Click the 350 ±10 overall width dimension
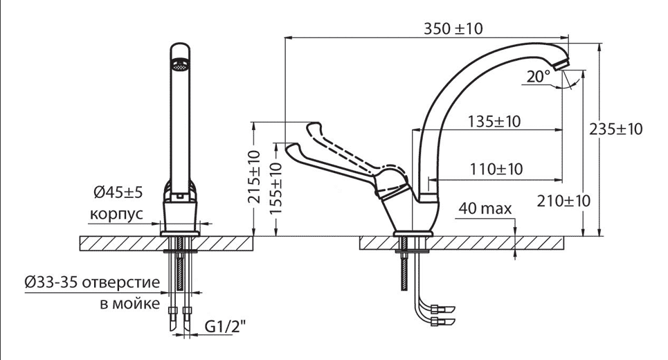coord(453,28)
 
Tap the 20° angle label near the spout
coord(539,77)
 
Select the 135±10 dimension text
coord(494,121)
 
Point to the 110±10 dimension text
coord(496,169)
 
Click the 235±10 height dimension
coord(615,129)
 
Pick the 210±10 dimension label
coord(563,201)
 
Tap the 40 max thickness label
coord(485,209)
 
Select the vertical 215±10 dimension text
coord(254,177)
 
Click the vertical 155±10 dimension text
coord(276,189)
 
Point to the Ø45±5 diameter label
coord(118,192)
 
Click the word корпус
coord(116,214)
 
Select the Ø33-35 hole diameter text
coord(51,282)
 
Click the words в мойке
coord(130,304)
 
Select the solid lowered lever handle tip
coord(293,149)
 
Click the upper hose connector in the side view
coord(443,309)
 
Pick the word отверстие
coord(121,282)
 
